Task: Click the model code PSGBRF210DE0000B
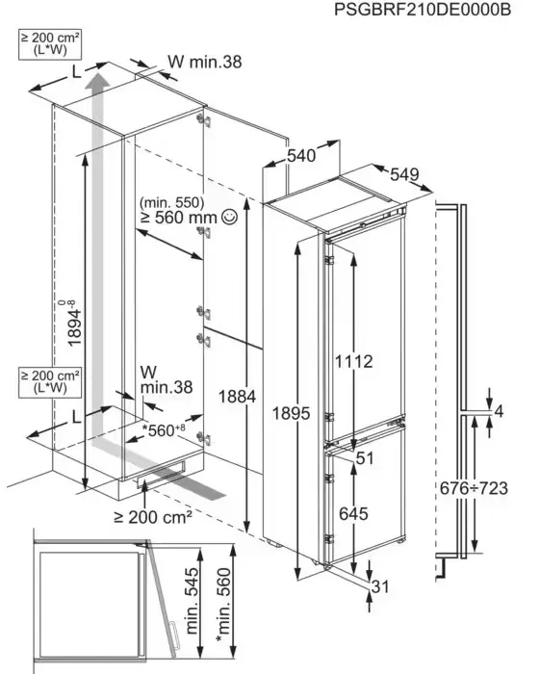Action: [423, 10]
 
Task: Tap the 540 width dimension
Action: [301, 156]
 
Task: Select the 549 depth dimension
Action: [404, 174]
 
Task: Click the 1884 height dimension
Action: [237, 397]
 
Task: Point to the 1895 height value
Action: [292, 413]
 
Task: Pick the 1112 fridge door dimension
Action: [353, 361]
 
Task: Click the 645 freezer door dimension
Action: [353, 513]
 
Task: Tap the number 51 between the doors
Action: [365, 458]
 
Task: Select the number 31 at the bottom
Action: [380, 586]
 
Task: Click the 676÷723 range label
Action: [474, 488]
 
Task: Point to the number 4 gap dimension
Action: [499, 411]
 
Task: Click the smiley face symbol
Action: [228, 217]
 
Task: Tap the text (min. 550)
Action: [172, 202]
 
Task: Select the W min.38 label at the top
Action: [204, 62]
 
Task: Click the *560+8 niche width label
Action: [164, 429]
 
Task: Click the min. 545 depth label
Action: [192, 601]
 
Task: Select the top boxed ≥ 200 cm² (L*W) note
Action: [50, 44]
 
